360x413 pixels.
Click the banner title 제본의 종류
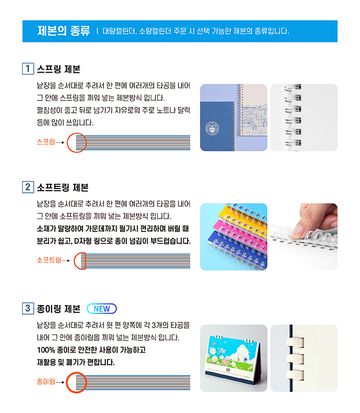coord(63,31)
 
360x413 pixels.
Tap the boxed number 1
coord(28,69)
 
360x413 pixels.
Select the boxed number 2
coord(28,187)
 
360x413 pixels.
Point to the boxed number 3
coord(28,308)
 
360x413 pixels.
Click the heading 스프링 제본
coord(59,69)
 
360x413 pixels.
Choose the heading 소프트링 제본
coord(63,187)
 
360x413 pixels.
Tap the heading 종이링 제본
coord(59,308)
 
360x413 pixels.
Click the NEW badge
coord(102,308)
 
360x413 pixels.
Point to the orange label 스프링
coord(46,142)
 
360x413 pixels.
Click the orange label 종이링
coord(46,381)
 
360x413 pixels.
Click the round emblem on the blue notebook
coord(212,128)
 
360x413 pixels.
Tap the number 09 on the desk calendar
coord(228,370)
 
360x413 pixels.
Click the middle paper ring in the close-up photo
coord(295,358)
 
